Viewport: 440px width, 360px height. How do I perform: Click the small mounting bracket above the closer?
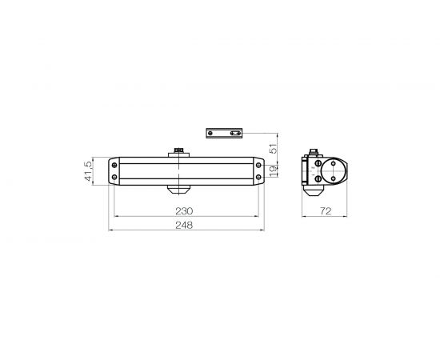[x=224, y=133]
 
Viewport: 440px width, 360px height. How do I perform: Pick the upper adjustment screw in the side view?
[x=317, y=164]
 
